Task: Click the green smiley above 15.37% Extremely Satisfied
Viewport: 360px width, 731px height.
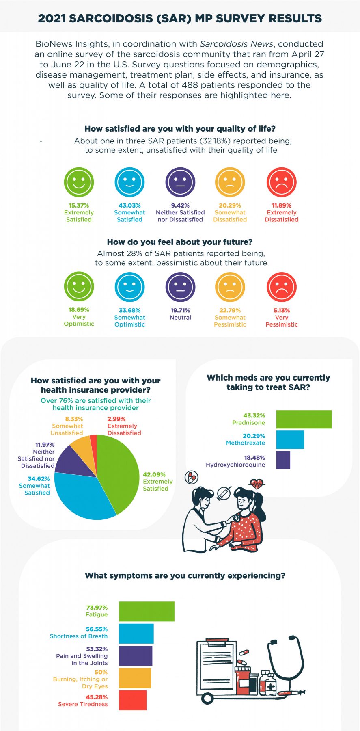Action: (x=79, y=182)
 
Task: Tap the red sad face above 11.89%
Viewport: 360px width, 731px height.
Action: (x=282, y=182)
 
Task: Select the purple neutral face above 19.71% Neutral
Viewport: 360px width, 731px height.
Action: (x=180, y=287)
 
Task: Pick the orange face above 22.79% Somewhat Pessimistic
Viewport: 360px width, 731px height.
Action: (x=230, y=287)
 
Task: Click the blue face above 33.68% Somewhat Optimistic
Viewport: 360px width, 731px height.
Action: (x=129, y=287)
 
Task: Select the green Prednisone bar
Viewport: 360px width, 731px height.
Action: (x=304, y=419)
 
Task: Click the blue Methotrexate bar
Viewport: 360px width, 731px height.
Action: (x=290, y=439)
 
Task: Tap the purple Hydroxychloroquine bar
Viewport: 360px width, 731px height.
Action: (x=283, y=460)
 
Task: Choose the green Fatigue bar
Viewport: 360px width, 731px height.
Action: (x=147, y=611)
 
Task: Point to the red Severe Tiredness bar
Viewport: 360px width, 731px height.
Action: (x=133, y=700)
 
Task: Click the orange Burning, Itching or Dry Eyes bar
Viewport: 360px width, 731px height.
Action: (x=135, y=678)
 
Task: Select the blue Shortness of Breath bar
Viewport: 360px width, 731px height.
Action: (x=136, y=634)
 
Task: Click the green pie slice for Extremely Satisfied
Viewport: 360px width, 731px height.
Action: (x=120, y=473)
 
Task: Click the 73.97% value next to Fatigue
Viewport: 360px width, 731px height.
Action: (x=97, y=608)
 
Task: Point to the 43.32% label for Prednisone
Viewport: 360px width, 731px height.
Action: (x=254, y=415)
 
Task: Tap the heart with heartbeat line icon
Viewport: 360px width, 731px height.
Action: (x=257, y=484)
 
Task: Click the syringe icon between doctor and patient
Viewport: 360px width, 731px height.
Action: (x=224, y=493)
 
